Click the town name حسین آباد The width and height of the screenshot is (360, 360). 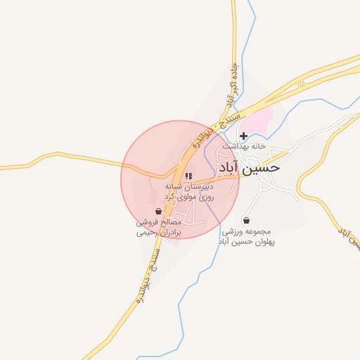click(249, 168)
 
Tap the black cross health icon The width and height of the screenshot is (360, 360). click(243, 136)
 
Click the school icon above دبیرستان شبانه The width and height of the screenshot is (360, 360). click(188, 176)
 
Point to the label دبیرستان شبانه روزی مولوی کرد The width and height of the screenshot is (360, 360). click(188, 192)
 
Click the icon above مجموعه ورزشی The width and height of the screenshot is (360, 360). click(245, 219)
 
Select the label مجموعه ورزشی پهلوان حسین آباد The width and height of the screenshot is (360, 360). click(245, 236)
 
